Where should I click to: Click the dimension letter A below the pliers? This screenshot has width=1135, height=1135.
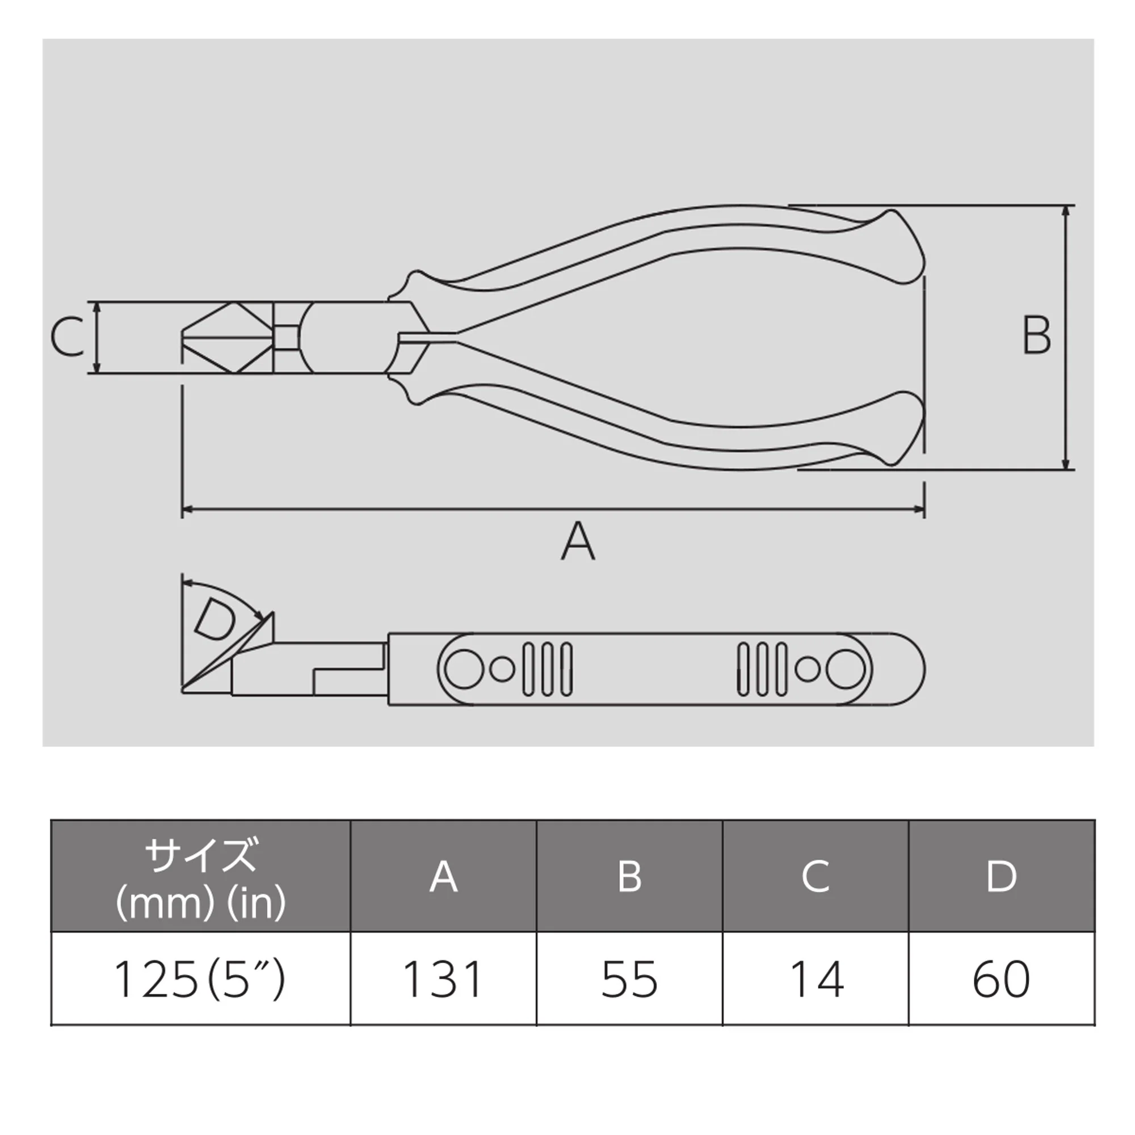coord(578,541)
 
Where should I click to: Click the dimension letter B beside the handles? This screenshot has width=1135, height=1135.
coord(1036,335)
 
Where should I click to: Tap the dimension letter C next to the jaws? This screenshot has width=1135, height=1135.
coord(67,337)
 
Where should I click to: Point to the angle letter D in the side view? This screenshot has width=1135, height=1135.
coord(216,620)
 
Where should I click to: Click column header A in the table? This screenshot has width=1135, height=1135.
coord(444,877)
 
